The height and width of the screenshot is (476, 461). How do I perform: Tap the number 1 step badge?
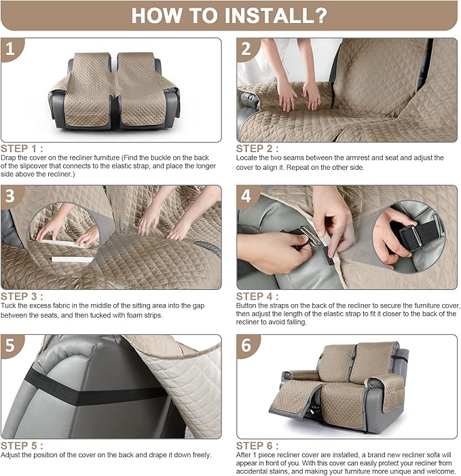[12, 49]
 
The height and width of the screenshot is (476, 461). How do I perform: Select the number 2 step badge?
[247, 49]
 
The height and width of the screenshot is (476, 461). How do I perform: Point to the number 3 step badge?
[12, 196]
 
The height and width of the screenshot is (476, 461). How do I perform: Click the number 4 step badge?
[247, 196]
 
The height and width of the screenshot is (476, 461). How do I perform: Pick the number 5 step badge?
[12, 346]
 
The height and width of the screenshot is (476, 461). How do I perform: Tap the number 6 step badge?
[247, 346]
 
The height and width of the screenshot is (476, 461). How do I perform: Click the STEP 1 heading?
[22, 149]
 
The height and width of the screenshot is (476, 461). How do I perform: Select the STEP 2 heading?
[257, 149]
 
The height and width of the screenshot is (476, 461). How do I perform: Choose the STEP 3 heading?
[22, 296]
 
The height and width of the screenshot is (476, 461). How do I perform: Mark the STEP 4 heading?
[257, 296]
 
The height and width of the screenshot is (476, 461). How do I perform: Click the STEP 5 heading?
[22, 445]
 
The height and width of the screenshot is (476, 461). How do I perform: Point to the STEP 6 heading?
[257, 445]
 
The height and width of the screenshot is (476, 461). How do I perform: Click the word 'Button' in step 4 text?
[247, 306]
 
